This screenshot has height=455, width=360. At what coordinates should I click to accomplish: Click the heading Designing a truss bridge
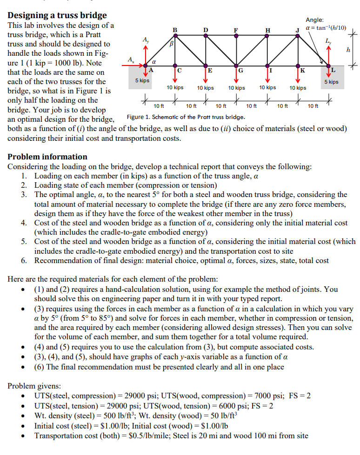(57, 15)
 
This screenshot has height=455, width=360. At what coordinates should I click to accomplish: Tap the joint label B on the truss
(175, 31)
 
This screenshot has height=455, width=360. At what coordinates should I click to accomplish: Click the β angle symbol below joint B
(171, 44)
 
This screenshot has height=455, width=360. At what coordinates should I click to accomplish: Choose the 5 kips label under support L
(332, 82)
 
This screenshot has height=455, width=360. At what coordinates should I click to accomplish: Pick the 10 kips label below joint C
(175, 87)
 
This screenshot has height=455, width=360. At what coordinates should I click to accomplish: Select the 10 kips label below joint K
(298, 88)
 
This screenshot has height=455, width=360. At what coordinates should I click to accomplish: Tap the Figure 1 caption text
(186, 117)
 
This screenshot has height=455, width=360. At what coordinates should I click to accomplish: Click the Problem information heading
(47, 157)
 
